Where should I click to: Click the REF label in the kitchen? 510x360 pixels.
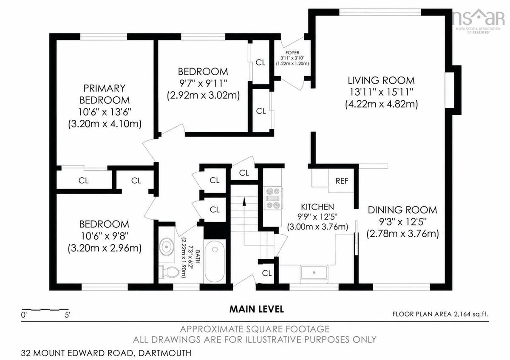342,181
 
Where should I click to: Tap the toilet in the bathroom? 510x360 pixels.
169,272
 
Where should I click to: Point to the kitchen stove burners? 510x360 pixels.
273,198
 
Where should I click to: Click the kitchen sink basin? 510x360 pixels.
314,272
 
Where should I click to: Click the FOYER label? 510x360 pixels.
292,53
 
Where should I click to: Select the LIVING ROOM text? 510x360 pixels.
381,81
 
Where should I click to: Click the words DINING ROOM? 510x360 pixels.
402,210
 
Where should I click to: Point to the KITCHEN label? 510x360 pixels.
317,207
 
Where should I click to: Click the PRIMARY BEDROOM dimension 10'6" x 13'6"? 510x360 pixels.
105,112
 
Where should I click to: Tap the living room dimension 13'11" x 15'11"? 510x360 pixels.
381,92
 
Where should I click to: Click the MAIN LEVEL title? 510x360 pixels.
257,309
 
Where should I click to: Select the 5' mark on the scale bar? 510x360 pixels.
68,315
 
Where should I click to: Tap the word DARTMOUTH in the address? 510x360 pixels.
165,353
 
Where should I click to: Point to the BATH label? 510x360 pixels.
198,256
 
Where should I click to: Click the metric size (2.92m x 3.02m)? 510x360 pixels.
203,95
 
